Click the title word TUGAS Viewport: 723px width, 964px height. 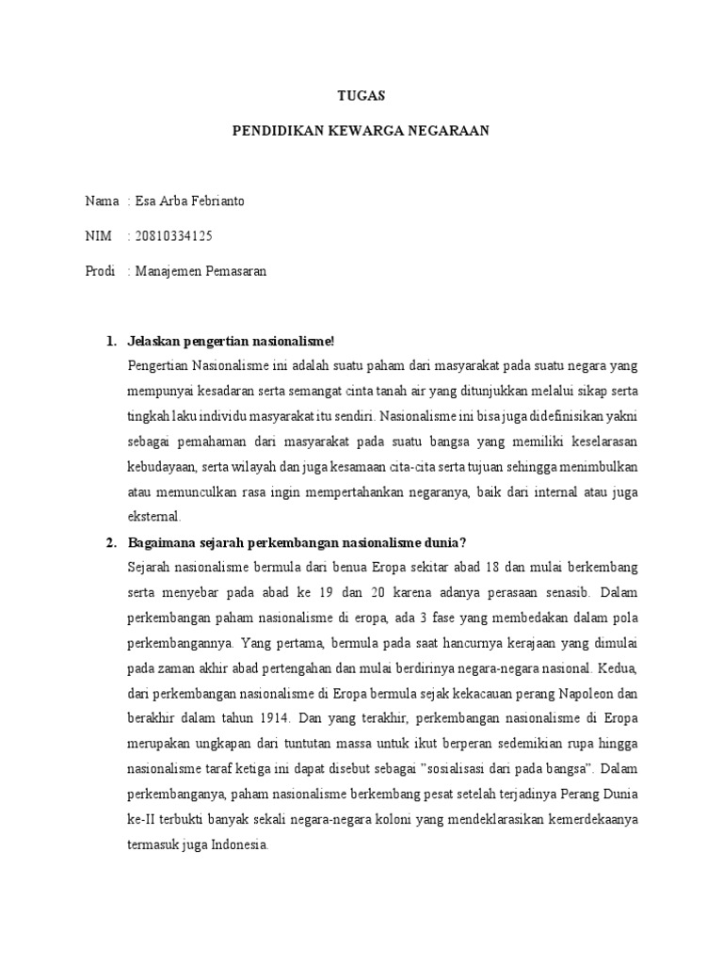[361, 96]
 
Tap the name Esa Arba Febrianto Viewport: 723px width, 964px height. [190, 201]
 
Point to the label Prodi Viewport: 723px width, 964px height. [100, 271]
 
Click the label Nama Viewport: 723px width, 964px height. [102, 201]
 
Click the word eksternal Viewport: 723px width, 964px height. [158, 517]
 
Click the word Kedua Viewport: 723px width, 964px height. [618, 668]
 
